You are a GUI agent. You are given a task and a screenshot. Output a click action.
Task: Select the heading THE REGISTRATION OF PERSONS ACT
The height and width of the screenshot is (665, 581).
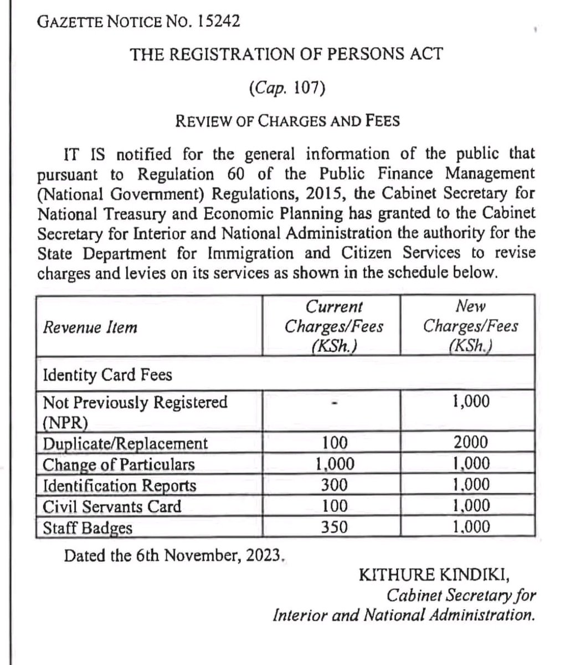pyautogui.click(x=286, y=54)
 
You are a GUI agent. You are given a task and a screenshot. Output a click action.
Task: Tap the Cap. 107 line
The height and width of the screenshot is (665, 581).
pyautogui.click(x=286, y=88)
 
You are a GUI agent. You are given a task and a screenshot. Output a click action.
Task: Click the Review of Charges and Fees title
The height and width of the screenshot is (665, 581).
pyautogui.click(x=287, y=120)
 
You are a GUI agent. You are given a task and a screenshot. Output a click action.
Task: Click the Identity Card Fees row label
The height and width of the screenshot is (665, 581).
pyautogui.click(x=107, y=375)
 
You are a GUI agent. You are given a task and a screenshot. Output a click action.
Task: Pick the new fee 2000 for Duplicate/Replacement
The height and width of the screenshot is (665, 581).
pyautogui.click(x=470, y=442)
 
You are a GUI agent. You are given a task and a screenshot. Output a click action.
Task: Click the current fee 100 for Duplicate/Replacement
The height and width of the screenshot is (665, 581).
pyautogui.click(x=334, y=442)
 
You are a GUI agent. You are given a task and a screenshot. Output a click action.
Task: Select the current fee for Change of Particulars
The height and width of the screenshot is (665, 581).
pyautogui.click(x=334, y=464)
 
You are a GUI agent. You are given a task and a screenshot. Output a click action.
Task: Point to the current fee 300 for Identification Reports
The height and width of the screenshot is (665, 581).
pyautogui.click(x=334, y=485)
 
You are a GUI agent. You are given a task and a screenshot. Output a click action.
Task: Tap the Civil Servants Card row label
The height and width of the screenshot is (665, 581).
pyautogui.click(x=112, y=506)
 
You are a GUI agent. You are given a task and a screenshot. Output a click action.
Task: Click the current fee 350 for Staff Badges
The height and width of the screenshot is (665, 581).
pyautogui.click(x=334, y=527)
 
